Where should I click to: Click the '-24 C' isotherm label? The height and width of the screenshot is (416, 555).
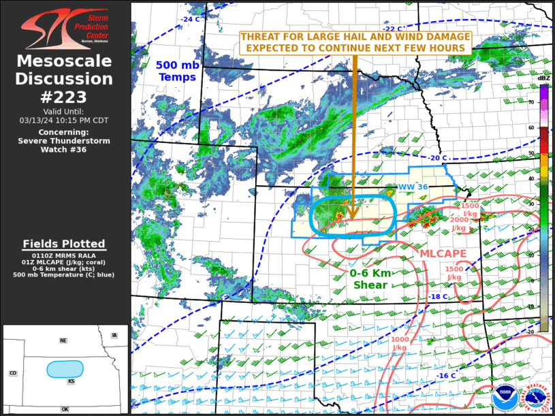click(x=191, y=19)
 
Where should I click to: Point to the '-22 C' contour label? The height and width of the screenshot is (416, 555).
click(x=394, y=29)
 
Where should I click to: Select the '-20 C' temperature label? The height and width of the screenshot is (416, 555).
click(x=438, y=158)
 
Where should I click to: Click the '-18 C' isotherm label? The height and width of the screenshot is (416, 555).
click(x=438, y=296)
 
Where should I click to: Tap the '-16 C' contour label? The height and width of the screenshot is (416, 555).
click(x=446, y=377)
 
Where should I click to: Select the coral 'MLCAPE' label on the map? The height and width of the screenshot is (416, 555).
click(x=443, y=253)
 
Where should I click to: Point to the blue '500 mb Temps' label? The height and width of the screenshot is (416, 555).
click(x=177, y=71)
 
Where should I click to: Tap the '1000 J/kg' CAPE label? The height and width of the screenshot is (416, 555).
click(x=400, y=343)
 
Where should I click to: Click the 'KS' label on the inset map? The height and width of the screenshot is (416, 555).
click(x=71, y=381)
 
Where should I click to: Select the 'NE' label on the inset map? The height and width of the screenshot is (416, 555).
click(x=63, y=340)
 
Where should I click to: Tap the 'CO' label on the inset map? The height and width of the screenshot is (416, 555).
click(x=13, y=373)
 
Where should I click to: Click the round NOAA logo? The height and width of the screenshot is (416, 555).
click(x=505, y=396)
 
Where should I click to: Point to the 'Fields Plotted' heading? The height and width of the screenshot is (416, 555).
click(x=64, y=244)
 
